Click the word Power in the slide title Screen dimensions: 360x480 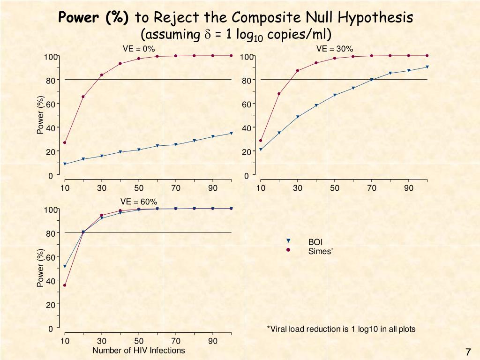point(77,18)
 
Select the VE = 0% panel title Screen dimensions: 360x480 point(139,49)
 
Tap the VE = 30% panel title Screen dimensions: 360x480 point(335,49)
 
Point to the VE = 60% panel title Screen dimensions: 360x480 point(139,202)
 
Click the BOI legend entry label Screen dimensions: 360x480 point(315,242)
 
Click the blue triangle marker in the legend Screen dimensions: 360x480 point(288,241)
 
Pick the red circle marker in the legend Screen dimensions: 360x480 point(288,250)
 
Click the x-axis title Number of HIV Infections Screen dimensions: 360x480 point(139,351)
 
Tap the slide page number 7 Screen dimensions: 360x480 point(467,352)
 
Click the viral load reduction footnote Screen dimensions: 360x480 point(341,329)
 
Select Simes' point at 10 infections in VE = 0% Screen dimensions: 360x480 point(65,142)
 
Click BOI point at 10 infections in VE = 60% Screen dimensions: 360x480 point(65,267)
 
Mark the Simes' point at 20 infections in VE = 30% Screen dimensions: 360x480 point(279,94)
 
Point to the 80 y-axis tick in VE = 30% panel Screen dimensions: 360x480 point(247,81)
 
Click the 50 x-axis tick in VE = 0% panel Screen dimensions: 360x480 point(139,188)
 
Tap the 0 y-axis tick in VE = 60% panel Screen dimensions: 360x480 point(50,329)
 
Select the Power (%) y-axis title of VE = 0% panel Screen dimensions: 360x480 point(41,115)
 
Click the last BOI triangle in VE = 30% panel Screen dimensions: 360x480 point(427,67)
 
